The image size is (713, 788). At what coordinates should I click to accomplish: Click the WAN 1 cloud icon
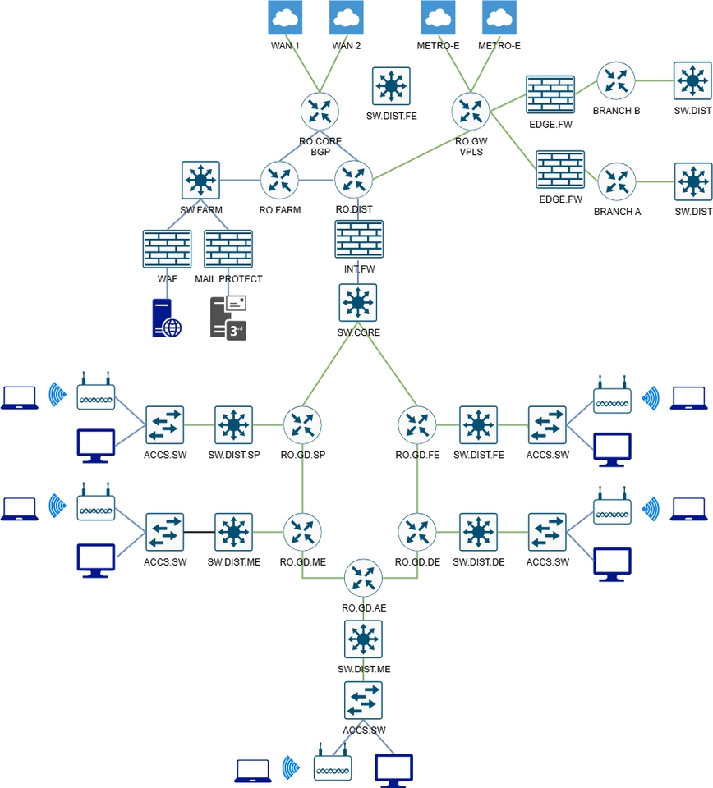pos(285,17)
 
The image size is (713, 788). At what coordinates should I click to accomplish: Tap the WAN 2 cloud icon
pos(347,17)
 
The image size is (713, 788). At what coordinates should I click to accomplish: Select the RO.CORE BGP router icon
pos(320,111)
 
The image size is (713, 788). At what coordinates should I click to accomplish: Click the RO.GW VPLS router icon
pos(471,111)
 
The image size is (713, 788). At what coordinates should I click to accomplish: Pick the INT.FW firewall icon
pos(359,241)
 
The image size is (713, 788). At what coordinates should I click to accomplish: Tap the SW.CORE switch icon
pos(358,303)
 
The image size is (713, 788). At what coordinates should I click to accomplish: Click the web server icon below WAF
pos(167,318)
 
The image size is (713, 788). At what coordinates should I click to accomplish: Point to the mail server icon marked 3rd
pos(228,318)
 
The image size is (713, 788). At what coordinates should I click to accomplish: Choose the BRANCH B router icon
pos(616,81)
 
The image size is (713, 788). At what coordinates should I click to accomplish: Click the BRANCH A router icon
pos(616,182)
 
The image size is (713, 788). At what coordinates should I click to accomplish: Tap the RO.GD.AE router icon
pos(363,579)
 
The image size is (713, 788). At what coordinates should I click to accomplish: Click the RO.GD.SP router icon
pos(303,425)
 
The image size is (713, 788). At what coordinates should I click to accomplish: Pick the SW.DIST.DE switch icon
pos(478,532)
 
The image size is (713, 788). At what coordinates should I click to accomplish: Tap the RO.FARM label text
pos(280,210)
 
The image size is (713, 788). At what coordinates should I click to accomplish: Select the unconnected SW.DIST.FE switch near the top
pos(391,86)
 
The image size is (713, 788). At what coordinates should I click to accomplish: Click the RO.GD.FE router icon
pos(417,425)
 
